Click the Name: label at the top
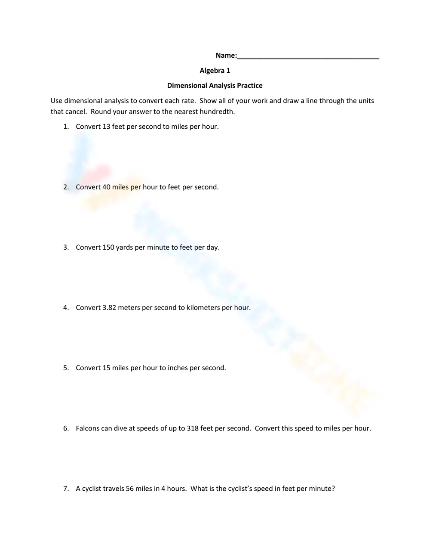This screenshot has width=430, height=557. point(226,56)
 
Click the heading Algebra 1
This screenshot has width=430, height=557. point(215,71)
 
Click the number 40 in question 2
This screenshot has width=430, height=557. point(106,187)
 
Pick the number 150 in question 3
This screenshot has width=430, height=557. point(108,248)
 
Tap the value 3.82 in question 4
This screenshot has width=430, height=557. point(109,308)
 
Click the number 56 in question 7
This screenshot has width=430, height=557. point(130,489)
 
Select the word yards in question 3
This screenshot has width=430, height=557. point(124,248)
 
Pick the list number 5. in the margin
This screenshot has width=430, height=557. point(66,368)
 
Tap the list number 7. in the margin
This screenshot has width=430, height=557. point(66,489)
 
